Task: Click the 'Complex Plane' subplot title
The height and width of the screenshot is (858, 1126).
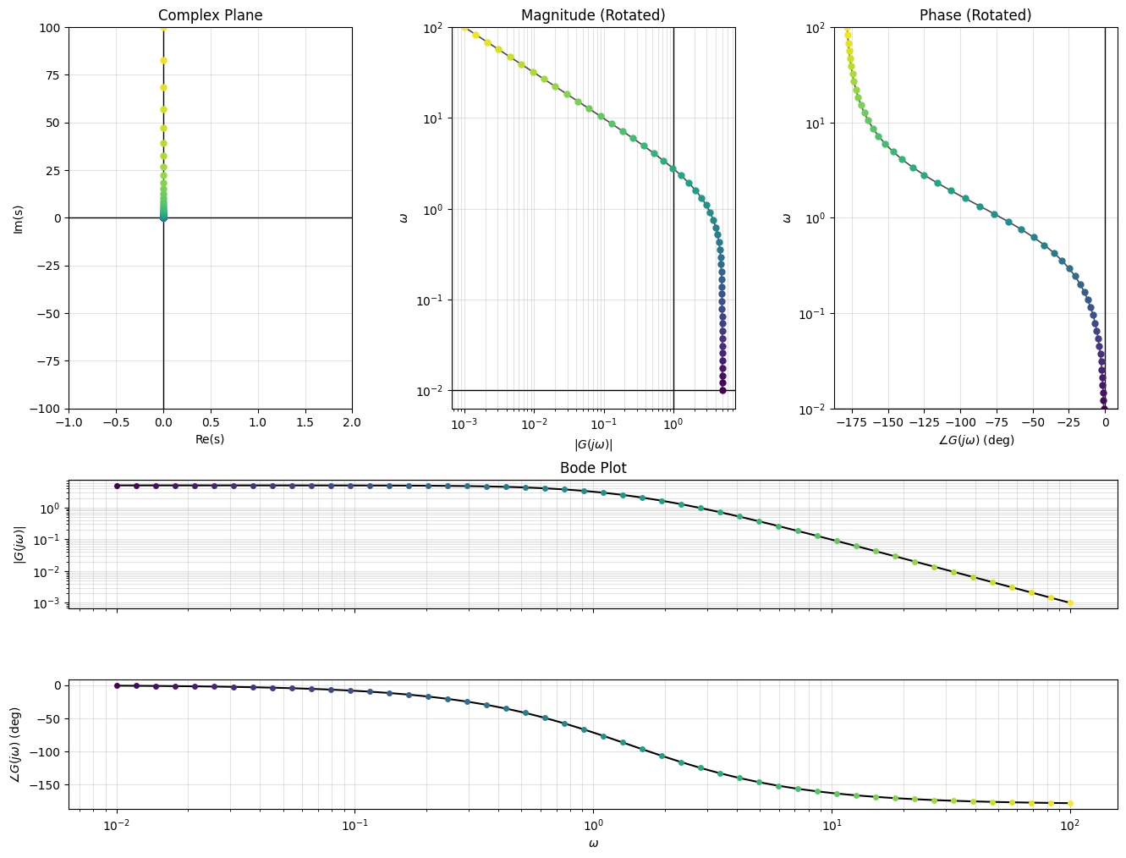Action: [x=211, y=15]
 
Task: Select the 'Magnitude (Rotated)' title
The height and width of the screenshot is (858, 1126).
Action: [x=593, y=15]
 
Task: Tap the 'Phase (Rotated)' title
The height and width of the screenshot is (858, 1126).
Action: [x=975, y=15]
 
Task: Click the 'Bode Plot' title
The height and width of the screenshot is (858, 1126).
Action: [x=593, y=468]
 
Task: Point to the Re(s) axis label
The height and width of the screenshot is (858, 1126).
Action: [x=211, y=439]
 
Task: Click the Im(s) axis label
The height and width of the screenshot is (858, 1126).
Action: [x=18, y=218]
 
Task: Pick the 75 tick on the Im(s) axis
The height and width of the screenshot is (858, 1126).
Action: [x=52, y=74]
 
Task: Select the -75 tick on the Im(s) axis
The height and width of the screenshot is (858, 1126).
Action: [x=48, y=361]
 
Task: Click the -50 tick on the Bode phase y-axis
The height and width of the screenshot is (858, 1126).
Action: [x=52, y=719]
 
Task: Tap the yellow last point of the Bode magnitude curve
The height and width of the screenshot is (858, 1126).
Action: [x=1070, y=603]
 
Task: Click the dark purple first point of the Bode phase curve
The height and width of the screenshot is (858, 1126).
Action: [x=117, y=685]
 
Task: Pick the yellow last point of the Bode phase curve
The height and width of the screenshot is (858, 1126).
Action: [x=1070, y=803]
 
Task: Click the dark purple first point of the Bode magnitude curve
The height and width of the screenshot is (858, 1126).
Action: [x=117, y=486]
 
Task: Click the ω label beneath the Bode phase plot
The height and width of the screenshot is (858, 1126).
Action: [x=593, y=843]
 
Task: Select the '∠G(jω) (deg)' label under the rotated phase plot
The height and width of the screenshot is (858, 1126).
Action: [x=975, y=440]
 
